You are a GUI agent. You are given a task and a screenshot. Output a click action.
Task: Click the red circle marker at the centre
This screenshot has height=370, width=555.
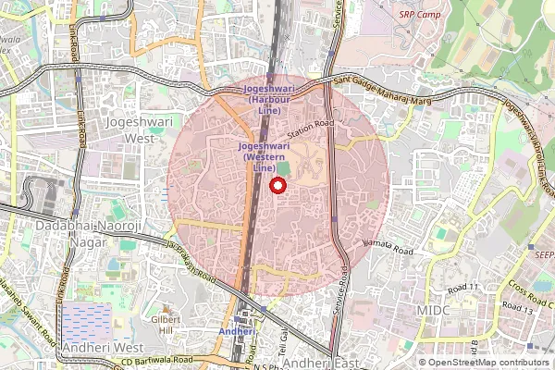click(276, 186)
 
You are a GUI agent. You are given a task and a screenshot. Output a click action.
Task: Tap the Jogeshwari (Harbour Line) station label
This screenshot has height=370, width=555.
click(269, 99)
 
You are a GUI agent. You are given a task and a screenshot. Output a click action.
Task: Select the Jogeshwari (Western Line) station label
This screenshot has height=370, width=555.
click(265, 156)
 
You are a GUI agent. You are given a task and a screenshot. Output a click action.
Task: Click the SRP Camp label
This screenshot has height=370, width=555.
click(419, 15)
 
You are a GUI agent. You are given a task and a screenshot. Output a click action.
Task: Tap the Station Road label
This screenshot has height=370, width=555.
click(310, 124)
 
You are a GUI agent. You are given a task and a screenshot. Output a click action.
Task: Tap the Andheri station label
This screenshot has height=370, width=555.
click(236, 330)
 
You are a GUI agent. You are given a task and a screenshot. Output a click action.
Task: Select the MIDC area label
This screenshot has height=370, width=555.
click(433, 310)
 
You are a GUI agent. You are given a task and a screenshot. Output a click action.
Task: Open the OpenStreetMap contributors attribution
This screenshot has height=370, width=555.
click(488, 362)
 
